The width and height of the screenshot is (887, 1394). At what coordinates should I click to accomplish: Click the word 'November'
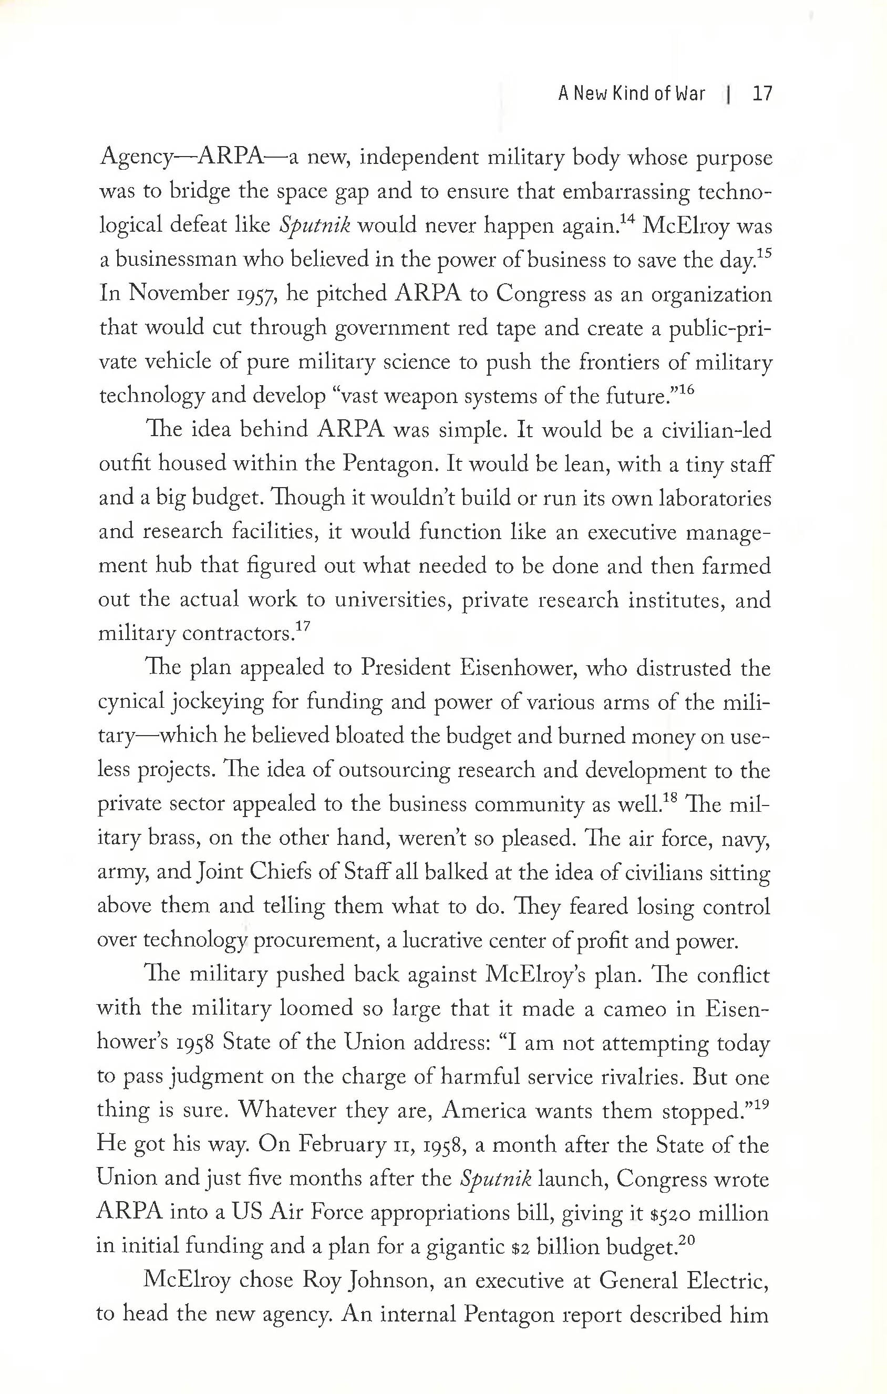click(x=178, y=294)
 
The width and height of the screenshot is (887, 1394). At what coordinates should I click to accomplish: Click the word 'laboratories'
click(x=715, y=499)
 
